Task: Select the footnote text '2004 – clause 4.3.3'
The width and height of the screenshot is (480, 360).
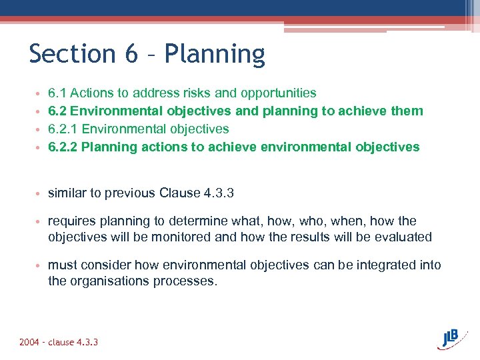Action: (x=59, y=342)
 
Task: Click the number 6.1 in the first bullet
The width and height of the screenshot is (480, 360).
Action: (x=57, y=93)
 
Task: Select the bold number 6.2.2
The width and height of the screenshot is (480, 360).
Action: (x=64, y=147)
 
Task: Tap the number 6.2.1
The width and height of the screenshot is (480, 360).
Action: (x=63, y=129)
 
